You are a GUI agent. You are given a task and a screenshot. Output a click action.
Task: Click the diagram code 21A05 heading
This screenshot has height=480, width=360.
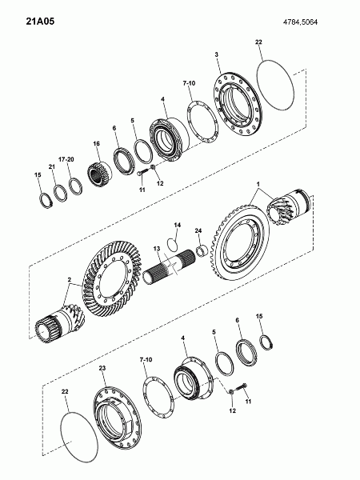click(40, 22)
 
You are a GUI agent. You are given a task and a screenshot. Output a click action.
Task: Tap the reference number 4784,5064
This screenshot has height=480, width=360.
click(300, 22)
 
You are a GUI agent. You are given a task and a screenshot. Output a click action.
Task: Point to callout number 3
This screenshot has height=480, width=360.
click(217, 54)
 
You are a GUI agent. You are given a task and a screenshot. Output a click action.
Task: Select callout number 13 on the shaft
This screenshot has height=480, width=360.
click(157, 249)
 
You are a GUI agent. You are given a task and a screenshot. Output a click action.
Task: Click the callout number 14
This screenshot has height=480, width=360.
click(178, 225)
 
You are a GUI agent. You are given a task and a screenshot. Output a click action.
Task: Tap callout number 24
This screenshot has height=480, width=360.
click(198, 230)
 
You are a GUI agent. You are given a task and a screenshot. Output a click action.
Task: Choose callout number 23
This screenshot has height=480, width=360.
click(102, 368)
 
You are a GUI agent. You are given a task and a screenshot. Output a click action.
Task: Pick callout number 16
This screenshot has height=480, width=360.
click(97, 143)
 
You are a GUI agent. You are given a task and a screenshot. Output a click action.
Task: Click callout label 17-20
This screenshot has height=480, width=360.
click(66, 159)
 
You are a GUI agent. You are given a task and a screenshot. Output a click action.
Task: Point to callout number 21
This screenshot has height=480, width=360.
click(51, 166)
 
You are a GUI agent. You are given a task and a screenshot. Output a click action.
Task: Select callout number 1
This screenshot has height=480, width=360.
click(258, 184)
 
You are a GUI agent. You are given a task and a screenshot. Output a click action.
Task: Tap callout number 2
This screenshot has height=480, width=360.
click(70, 279)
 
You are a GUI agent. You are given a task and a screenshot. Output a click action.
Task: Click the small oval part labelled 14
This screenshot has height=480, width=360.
click(172, 243)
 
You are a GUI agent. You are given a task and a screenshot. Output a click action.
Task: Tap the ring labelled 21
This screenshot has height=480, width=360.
click(61, 193)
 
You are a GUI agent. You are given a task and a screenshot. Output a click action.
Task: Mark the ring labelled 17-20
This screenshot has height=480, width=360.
click(75, 186)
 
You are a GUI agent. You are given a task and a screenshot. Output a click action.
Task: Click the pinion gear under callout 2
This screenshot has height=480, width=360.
click(60, 323)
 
